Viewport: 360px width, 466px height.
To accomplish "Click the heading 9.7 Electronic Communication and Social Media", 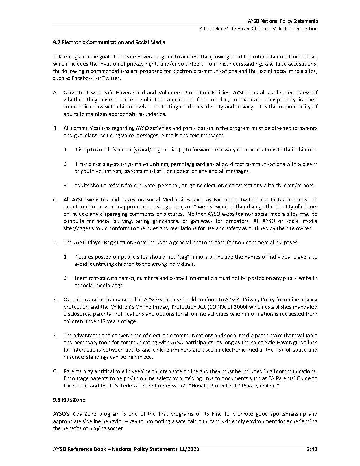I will [x=109, y=43].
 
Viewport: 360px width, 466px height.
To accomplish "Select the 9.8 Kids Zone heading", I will [x=69, y=400].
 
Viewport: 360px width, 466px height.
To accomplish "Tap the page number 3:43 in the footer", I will [x=312, y=449].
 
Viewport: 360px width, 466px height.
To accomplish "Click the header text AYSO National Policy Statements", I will [x=283, y=21].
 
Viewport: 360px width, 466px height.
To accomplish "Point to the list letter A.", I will [x=55, y=93].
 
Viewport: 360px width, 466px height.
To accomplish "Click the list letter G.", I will [x=55, y=371].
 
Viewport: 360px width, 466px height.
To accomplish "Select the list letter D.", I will [x=55, y=243].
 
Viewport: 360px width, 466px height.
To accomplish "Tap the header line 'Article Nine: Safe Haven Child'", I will [x=258, y=29].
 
